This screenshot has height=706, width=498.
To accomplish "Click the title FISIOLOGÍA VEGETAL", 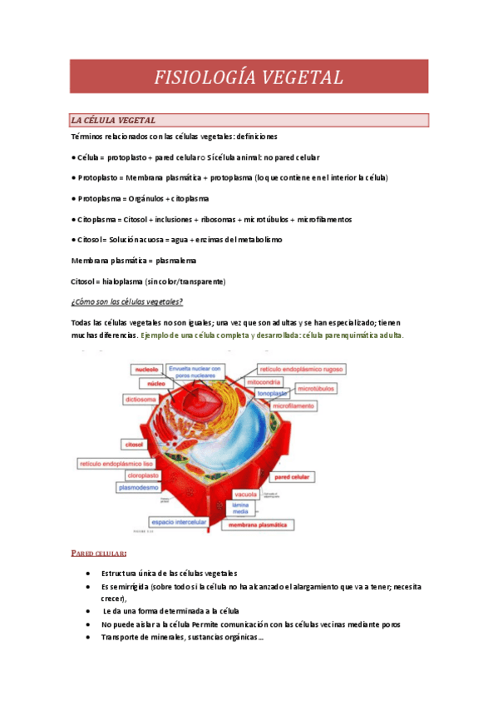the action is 249,77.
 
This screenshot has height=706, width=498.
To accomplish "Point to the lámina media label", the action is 242,509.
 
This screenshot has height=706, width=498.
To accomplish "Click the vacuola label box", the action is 245,495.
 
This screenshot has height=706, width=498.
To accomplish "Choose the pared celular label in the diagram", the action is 293,478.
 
